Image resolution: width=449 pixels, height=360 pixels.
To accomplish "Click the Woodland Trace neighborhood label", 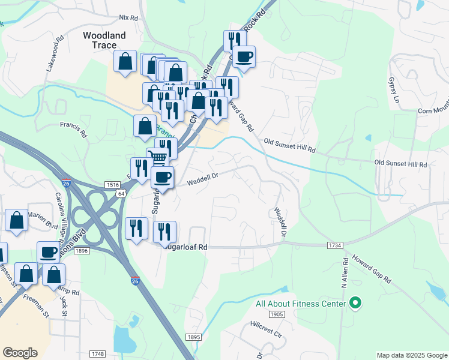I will pyautogui.click(x=104, y=40).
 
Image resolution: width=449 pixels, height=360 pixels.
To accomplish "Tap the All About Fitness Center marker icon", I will pyautogui.click(x=355, y=304).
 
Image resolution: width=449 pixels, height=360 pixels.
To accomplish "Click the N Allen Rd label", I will pyautogui.click(x=345, y=272).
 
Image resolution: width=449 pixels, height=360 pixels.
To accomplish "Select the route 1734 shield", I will pyautogui.click(x=336, y=246).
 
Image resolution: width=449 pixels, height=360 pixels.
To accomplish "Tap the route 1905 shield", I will pyautogui.click(x=277, y=314).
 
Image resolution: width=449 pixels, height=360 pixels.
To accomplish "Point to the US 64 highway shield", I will pyautogui.click(x=121, y=194).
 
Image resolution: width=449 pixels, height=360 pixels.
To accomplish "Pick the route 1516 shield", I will pyautogui.click(x=112, y=184).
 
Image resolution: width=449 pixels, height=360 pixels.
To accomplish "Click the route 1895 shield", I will pyautogui.click(x=193, y=338).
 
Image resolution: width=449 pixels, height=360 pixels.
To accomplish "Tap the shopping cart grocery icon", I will pyautogui.click(x=158, y=158).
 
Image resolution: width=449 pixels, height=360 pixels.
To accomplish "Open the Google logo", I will pyautogui.click(x=20, y=353).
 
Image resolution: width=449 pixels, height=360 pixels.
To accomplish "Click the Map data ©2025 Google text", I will pyautogui.click(x=412, y=355).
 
